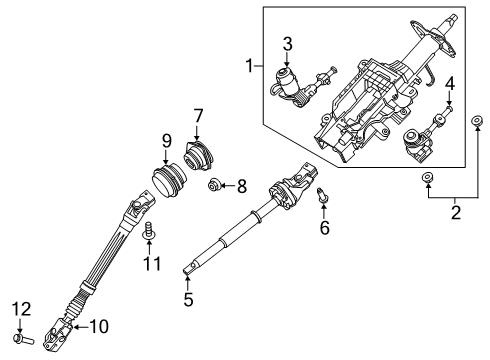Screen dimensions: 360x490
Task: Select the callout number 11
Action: pos(152,263)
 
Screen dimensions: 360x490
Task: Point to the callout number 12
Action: pos(22,309)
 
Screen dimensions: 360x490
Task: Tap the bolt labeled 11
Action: pos(151,237)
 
